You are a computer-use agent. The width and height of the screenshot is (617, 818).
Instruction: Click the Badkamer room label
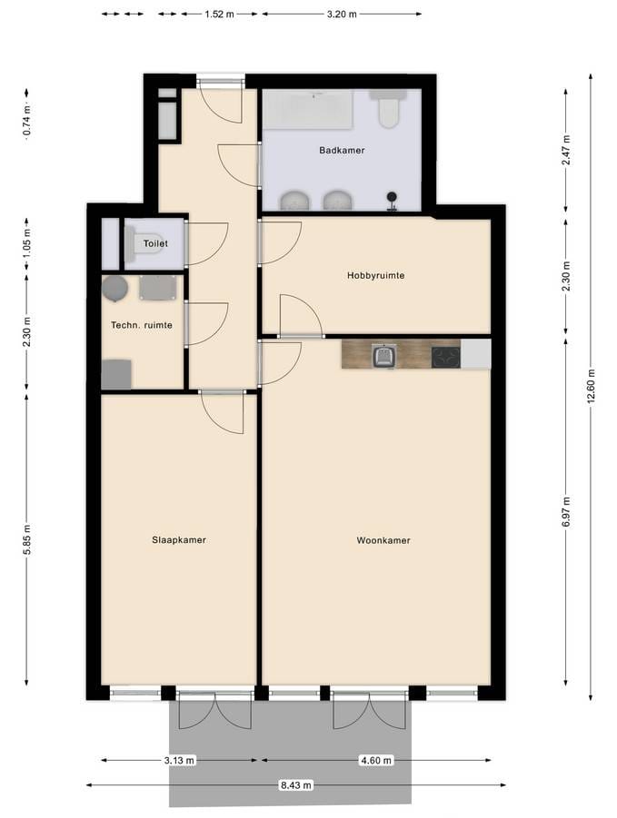tap(342, 151)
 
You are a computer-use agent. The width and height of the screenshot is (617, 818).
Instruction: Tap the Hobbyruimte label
tap(375, 275)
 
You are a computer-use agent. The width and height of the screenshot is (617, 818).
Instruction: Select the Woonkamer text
tap(383, 540)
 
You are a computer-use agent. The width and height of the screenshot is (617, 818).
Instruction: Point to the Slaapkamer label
tap(178, 540)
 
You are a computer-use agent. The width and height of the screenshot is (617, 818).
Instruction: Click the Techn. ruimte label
tap(142, 325)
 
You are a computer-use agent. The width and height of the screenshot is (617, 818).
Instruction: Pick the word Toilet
tap(155, 244)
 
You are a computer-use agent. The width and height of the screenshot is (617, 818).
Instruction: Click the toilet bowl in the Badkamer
tap(389, 112)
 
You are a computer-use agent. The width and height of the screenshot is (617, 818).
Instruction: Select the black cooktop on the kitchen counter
tap(445, 357)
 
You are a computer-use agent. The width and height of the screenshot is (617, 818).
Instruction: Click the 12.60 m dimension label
tap(591, 386)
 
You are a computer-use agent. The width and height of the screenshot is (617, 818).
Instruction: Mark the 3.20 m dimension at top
tap(341, 15)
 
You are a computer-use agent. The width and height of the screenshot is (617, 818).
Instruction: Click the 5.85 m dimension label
tap(27, 539)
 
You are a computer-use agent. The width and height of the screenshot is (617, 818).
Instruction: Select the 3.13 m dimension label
tap(180, 760)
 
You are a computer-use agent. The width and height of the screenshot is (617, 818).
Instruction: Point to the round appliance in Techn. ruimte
tap(114, 289)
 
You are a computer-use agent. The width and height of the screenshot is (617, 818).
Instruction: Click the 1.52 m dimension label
tap(218, 15)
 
